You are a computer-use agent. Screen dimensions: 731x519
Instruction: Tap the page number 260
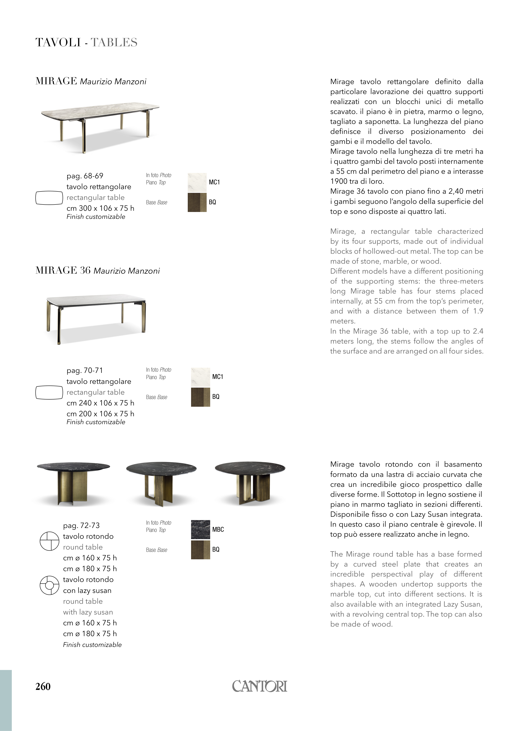(x=43, y=687)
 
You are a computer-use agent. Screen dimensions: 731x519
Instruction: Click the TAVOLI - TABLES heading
(x=86, y=43)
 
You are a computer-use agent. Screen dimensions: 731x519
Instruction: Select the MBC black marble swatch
(x=200, y=529)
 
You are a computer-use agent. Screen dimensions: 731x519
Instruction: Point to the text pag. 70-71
(x=85, y=371)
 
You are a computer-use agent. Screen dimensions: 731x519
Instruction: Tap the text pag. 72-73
(x=81, y=525)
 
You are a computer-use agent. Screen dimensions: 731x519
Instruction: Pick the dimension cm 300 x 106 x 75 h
(x=100, y=208)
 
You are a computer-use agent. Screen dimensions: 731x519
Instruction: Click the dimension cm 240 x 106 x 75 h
(x=100, y=403)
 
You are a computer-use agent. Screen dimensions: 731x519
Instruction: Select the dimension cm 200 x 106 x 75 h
(x=100, y=414)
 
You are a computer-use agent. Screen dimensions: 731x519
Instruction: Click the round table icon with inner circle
(x=50, y=585)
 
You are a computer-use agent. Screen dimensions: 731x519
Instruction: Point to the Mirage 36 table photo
(x=96, y=318)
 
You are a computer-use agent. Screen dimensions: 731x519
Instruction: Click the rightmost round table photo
(x=250, y=482)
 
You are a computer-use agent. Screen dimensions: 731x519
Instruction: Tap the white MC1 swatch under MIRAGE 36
(x=200, y=377)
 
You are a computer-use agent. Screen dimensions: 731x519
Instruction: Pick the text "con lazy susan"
(x=87, y=590)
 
